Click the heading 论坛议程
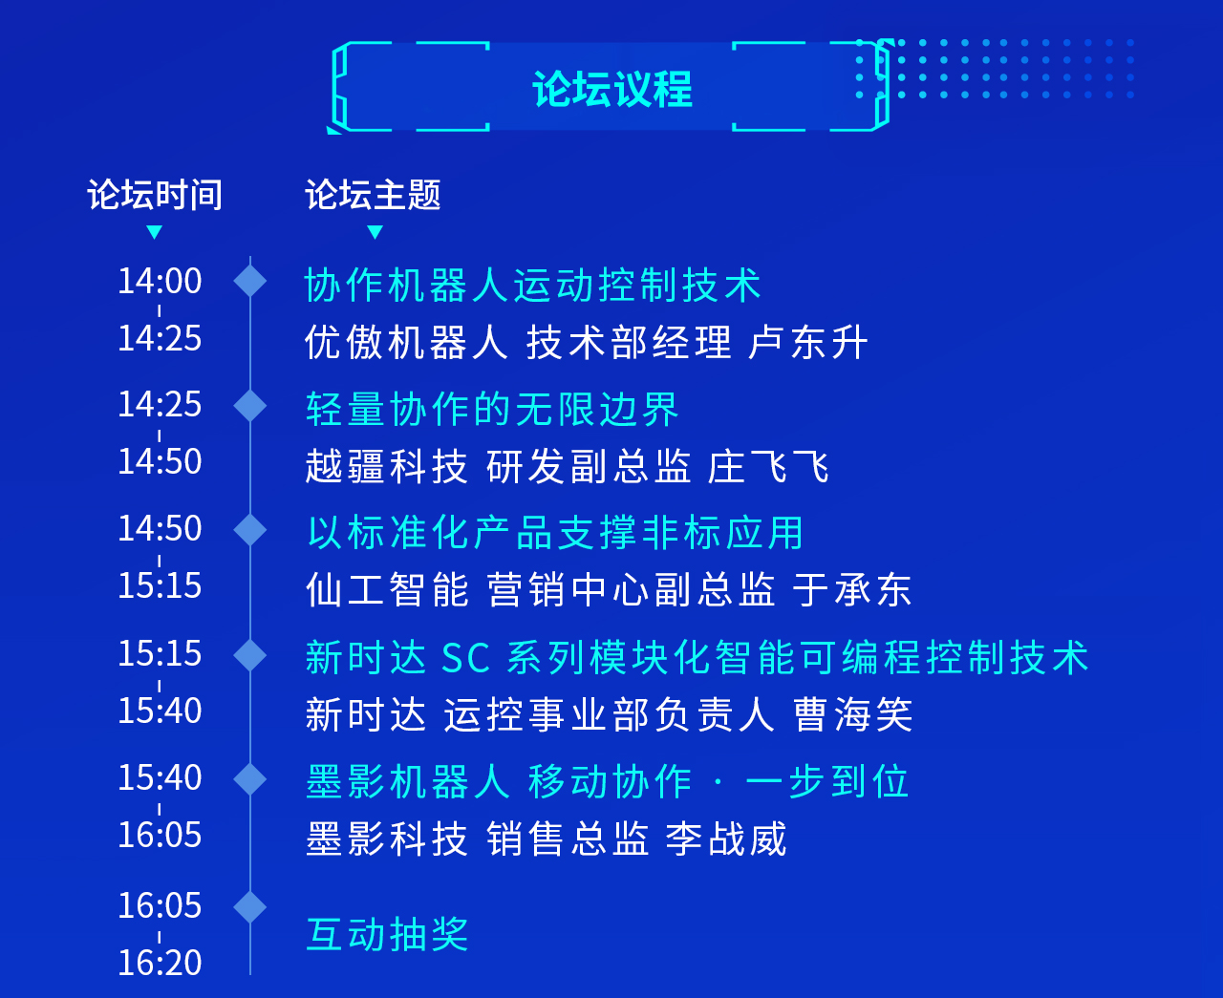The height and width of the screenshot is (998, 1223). pyautogui.click(x=612, y=89)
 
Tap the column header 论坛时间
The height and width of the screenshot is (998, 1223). pyautogui.click(x=155, y=194)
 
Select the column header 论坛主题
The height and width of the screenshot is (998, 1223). pyautogui.click(x=373, y=194)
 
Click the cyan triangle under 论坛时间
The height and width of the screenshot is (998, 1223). pyautogui.click(x=154, y=232)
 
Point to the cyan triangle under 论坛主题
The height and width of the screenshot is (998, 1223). pyautogui.click(x=375, y=232)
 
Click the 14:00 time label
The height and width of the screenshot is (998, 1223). pyautogui.click(x=161, y=281)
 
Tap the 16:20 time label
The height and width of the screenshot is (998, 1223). pyautogui.click(x=161, y=963)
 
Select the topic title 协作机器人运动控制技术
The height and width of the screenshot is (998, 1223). pyautogui.click(x=533, y=286)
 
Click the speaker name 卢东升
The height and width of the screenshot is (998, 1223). pyautogui.click(x=807, y=342)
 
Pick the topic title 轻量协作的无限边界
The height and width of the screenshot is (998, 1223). pyautogui.click(x=492, y=409)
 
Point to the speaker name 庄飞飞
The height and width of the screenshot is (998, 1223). pyautogui.click(x=769, y=467)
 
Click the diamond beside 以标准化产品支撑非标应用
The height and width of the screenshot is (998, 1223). pyautogui.click(x=250, y=530)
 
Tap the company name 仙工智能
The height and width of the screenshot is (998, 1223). pyautogui.click(x=387, y=590)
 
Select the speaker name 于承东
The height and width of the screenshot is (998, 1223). pyautogui.click(x=852, y=590)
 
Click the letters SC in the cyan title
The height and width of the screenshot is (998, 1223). pyautogui.click(x=465, y=658)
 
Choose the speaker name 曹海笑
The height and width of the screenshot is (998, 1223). pyautogui.click(x=852, y=714)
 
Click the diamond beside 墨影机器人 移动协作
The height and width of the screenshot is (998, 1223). pyautogui.click(x=250, y=779)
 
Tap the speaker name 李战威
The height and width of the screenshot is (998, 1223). pyautogui.click(x=726, y=839)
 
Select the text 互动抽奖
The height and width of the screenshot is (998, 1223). pyautogui.click(x=387, y=934)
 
